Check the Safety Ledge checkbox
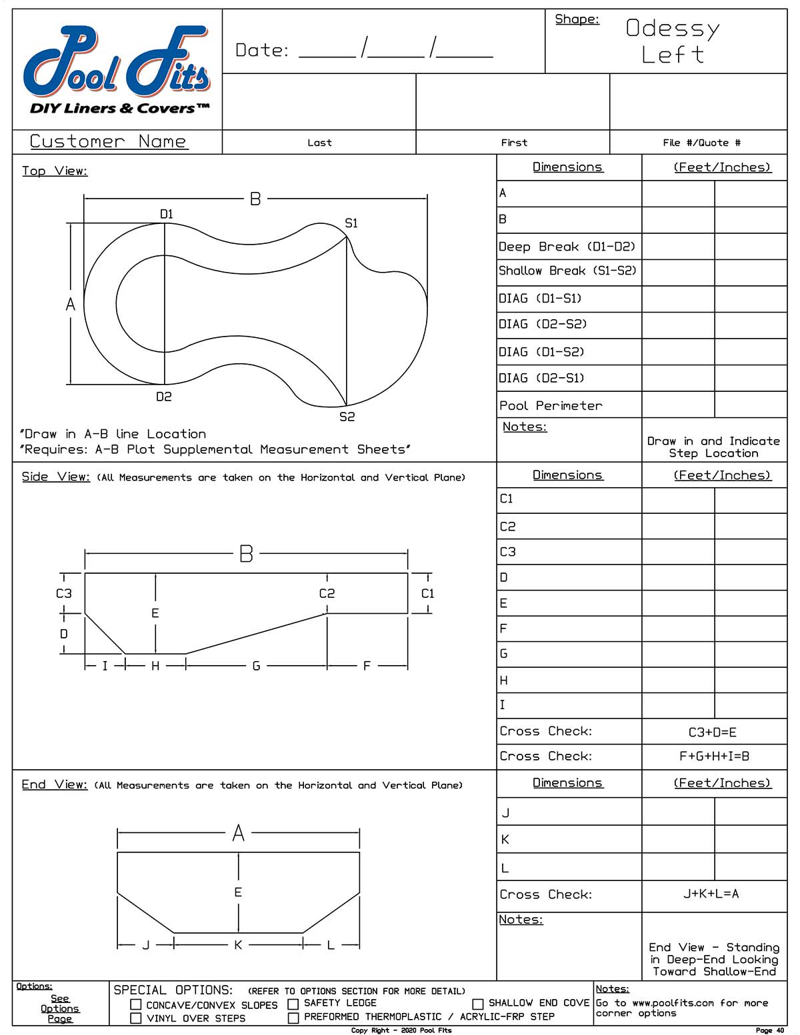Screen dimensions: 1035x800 coord(293,1004)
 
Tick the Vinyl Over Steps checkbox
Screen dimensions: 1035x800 coord(136,1018)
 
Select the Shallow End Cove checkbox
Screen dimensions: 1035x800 coord(477,1004)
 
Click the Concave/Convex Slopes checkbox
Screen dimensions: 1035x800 coord(136,1004)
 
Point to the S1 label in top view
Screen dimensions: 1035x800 coord(351,223)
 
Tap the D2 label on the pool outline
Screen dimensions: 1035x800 coord(164,397)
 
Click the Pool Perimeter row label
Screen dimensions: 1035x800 coord(551,406)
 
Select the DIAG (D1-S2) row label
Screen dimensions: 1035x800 coord(541,352)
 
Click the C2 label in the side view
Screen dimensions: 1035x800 coord(327,593)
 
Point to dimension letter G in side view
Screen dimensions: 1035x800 coord(256,666)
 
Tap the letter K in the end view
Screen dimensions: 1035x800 coord(238,945)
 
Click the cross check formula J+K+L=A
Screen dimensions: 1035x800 coord(711,894)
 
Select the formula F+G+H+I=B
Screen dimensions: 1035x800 coord(714,756)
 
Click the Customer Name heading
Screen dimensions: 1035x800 coord(108,141)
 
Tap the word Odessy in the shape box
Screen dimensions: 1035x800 coord(673,29)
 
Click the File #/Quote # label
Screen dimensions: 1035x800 coord(701,143)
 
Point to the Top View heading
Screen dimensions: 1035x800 coord(55,171)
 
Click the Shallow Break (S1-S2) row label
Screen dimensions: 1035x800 coord(567,271)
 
